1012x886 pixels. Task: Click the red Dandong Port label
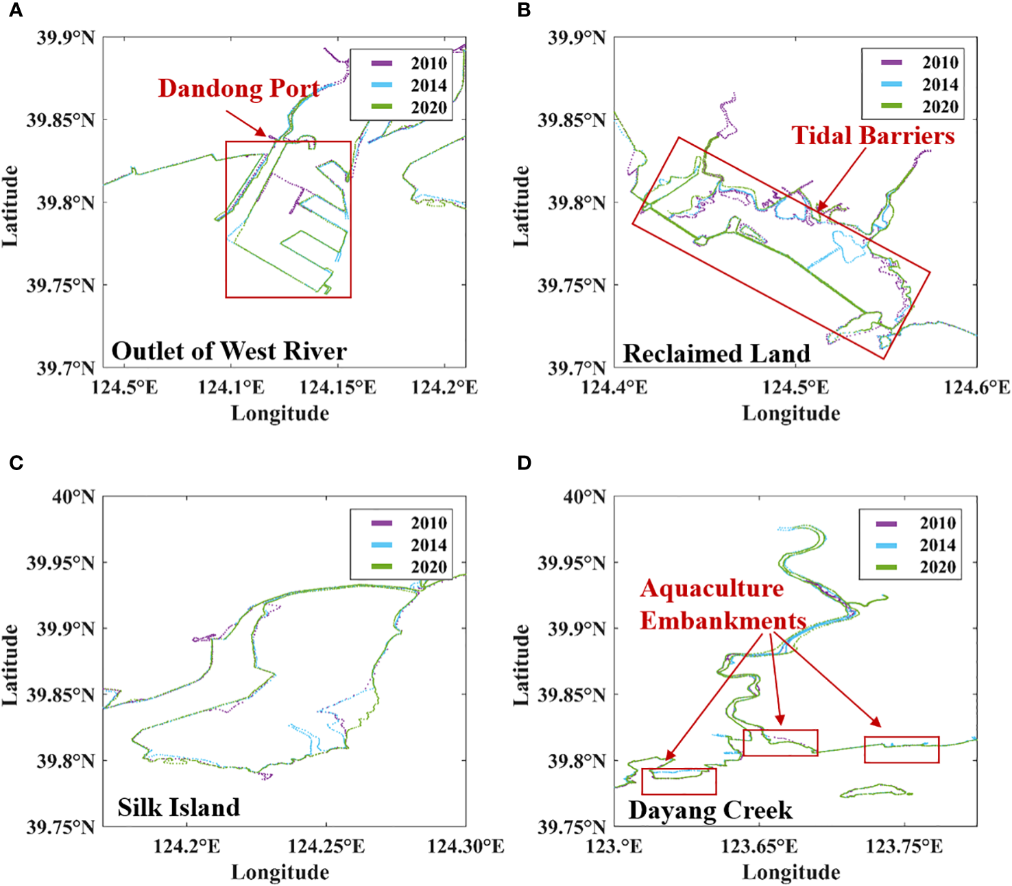[x=238, y=89]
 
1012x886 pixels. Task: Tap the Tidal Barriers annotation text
[x=873, y=135]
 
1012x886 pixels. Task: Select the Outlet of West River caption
[x=229, y=351]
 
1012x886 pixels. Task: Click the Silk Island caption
[x=178, y=807]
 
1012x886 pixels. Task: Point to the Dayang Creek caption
[x=710, y=811]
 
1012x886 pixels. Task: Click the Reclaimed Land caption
[x=716, y=353]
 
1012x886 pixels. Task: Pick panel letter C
[x=16, y=463]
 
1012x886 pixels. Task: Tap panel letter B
[x=525, y=10]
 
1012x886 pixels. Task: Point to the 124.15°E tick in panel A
[x=337, y=388]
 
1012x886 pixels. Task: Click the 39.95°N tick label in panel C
[x=60, y=563]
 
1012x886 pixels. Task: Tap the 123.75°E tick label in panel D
[x=904, y=846]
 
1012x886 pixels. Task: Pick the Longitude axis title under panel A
[x=280, y=413]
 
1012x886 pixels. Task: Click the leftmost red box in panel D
[x=679, y=781]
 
